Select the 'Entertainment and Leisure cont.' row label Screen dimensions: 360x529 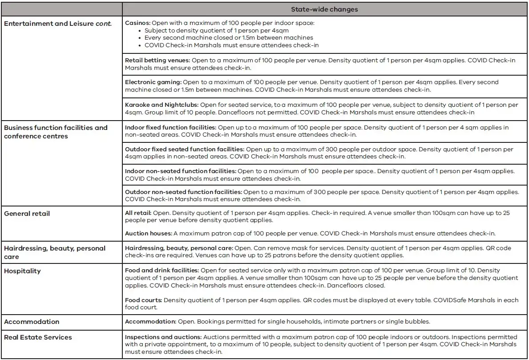click(x=57, y=23)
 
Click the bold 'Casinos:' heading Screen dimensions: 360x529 click(x=138, y=23)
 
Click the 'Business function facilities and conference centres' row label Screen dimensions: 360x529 click(x=56, y=132)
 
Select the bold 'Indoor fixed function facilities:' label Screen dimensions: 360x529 click(x=170, y=128)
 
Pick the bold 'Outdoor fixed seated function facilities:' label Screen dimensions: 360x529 click(x=184, y=150)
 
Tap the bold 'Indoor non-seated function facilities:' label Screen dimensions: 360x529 click(x=180, y=171)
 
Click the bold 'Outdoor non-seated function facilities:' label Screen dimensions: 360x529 click(x=183, y=192)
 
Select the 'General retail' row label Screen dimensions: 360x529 click(x=27, y=214)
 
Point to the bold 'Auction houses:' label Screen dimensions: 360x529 click(x=148, y=233)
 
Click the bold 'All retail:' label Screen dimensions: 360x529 click(x=139, y=213)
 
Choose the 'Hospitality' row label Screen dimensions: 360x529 click(x=22, y=271)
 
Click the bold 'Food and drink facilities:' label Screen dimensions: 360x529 click(x=162, y=270)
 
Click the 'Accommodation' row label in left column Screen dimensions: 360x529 click(x=32, y=322)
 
